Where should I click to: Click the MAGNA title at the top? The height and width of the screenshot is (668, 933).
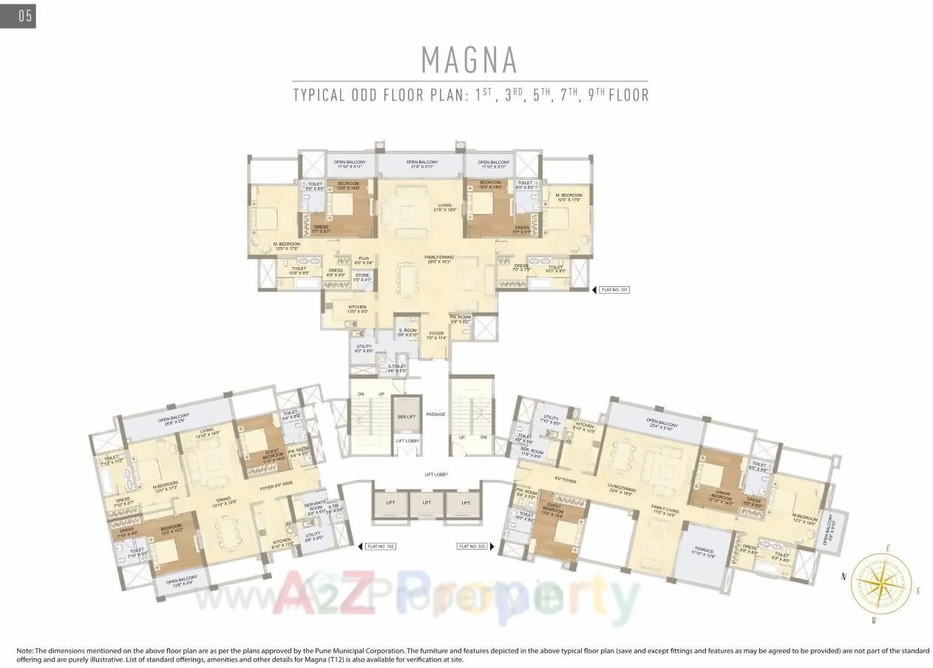[469, 60]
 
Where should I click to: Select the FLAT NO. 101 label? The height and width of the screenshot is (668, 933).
[614, 290]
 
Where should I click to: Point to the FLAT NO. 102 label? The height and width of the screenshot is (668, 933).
[381, 547]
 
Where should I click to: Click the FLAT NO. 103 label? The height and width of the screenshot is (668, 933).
[472, 547]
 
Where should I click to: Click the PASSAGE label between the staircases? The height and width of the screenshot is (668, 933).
[435, 414]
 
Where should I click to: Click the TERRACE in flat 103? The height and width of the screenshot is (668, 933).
[704, 553]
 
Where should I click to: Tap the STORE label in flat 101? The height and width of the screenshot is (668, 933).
[362, 277]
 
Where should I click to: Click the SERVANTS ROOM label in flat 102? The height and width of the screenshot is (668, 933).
[315, 508]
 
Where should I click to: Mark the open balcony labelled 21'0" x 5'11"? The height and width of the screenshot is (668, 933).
[422, 164]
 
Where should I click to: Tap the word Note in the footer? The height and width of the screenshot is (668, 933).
[24, 650]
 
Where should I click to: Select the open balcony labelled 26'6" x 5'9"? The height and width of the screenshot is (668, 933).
[174, 419]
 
